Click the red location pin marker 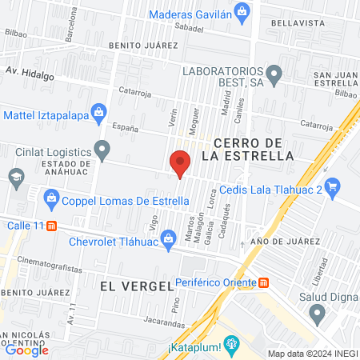[x=180, y=163]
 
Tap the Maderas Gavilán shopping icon [x=244, y=10]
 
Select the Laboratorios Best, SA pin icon [x=275, y=76]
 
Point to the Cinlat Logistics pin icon [x=102, y=148]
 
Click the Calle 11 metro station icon [x=52, y=226]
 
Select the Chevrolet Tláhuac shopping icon [x=169, y=238]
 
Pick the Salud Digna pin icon [x=317, y=312]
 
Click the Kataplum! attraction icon [x=232, y=346]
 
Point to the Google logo [x=26, y=350]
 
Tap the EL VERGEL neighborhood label [x=137, y=285]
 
